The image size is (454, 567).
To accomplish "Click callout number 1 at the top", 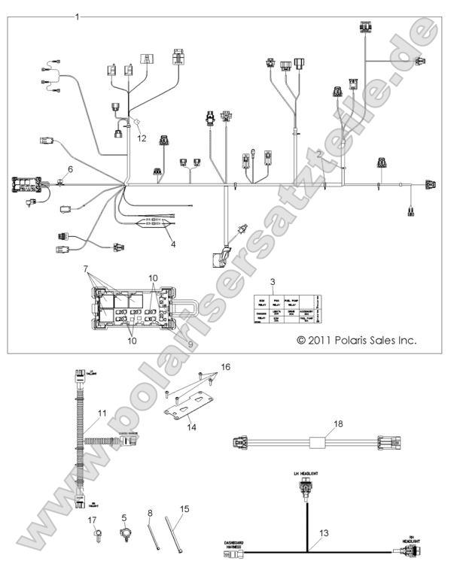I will pyautogui.click(x=77, y=16).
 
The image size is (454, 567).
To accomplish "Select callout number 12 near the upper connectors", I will pyautogui.click(x=142, y=138).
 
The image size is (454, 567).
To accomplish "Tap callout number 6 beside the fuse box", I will pyautogui.click(x=71, y=170).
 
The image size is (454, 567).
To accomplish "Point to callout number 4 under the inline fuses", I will pyautogui.click(x=173, y=244).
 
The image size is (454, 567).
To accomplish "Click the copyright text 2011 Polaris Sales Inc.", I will pyautogui.click(x=356, y=341).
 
